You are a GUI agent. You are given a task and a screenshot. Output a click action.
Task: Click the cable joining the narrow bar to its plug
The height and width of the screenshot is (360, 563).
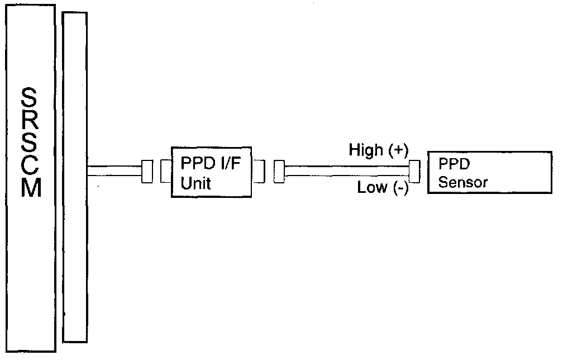[x=114, y=171]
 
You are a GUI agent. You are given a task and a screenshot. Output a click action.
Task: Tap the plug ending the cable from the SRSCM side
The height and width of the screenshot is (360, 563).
[x=147, y=171]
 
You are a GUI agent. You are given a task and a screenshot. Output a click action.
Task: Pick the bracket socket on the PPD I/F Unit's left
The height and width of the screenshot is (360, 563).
[x=165, y=171]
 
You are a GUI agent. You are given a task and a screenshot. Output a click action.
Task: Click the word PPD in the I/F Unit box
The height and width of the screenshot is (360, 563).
[x=193, y=164]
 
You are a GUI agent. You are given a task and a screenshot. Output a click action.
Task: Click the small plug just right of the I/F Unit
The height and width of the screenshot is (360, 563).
[x=279, y=171]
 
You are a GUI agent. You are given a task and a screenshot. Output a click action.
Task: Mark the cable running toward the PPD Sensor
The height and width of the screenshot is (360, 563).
[x=346, y=171]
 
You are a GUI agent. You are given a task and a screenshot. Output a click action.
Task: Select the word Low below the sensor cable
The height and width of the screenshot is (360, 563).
[x=373, y=188]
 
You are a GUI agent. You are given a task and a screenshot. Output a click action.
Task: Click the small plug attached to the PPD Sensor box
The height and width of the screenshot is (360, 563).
[x=414, y=171]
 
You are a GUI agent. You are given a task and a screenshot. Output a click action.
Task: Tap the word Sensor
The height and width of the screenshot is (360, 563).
[x=463, y=182]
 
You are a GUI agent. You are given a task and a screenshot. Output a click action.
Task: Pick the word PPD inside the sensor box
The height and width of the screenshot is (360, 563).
[x=453, y=165]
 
